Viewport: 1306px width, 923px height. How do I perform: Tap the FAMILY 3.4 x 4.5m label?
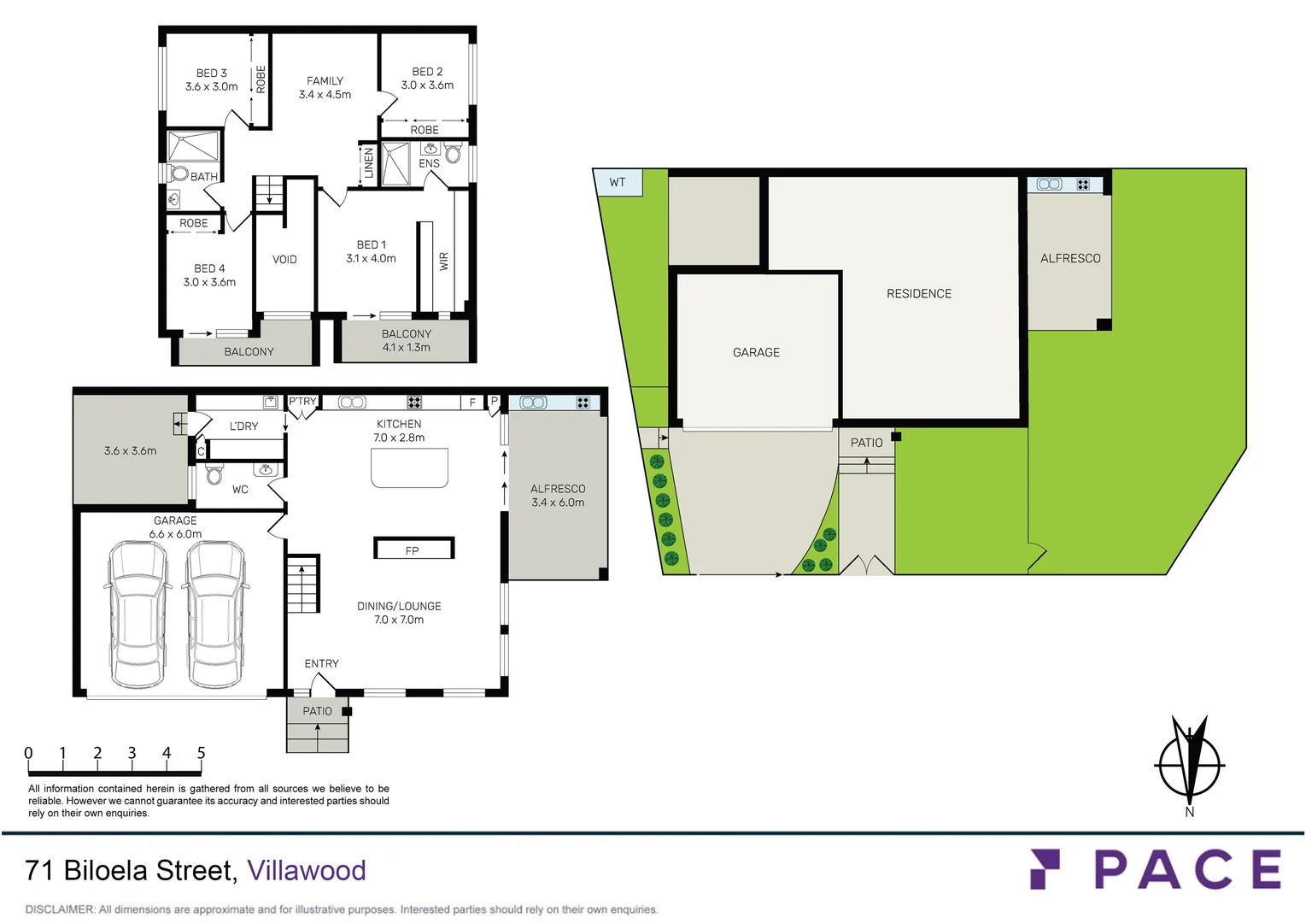pyautogui.click(x=325, y=88)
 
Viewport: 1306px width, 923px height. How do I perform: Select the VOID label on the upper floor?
pyautogui.click(x=284, y=260)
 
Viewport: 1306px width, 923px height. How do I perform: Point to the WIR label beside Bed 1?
pyautogui.click(x=443, y=262)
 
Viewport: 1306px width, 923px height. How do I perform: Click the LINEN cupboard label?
pyautogui.click(x=369, y=162)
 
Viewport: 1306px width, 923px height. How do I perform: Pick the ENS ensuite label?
pyautogui.click(x=429, y=163)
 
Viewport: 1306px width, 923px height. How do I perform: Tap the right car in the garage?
pyautogui.click(x=216, y=613)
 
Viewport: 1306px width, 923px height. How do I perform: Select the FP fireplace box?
pyautogui.click(x=413, y=549)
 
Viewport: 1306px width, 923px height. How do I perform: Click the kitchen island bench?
pyautogui.click(x=409, y=467)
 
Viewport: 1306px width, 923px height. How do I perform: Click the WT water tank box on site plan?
pyautogui.click(x=618, y=182)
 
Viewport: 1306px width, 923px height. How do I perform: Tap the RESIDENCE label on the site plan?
pyautogui.click(x=918, y=294)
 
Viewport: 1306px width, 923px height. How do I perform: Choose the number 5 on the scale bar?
pyautogui.click(x=202, y=753)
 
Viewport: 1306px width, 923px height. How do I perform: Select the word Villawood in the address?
pyautogui.click(x=306, y=870)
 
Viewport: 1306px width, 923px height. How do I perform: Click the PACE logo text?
pyautogui.click(x=1187, y=870)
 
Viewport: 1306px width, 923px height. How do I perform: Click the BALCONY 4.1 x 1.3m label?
pyautogui.click(x=407, y=340)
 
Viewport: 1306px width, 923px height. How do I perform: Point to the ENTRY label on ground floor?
pyautogui.click(x=321, y=664)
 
